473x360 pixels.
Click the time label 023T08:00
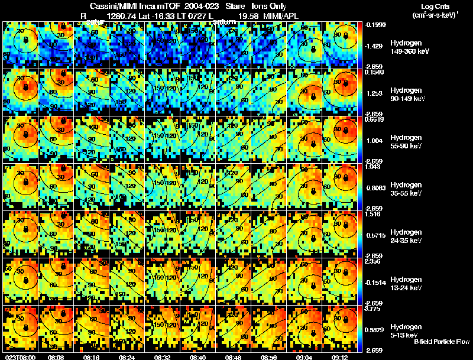(20, 357)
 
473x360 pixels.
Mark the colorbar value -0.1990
(376, 25)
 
